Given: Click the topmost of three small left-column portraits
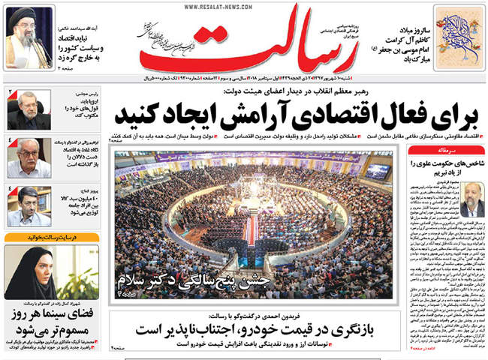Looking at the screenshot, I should click(x=27, y=109).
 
